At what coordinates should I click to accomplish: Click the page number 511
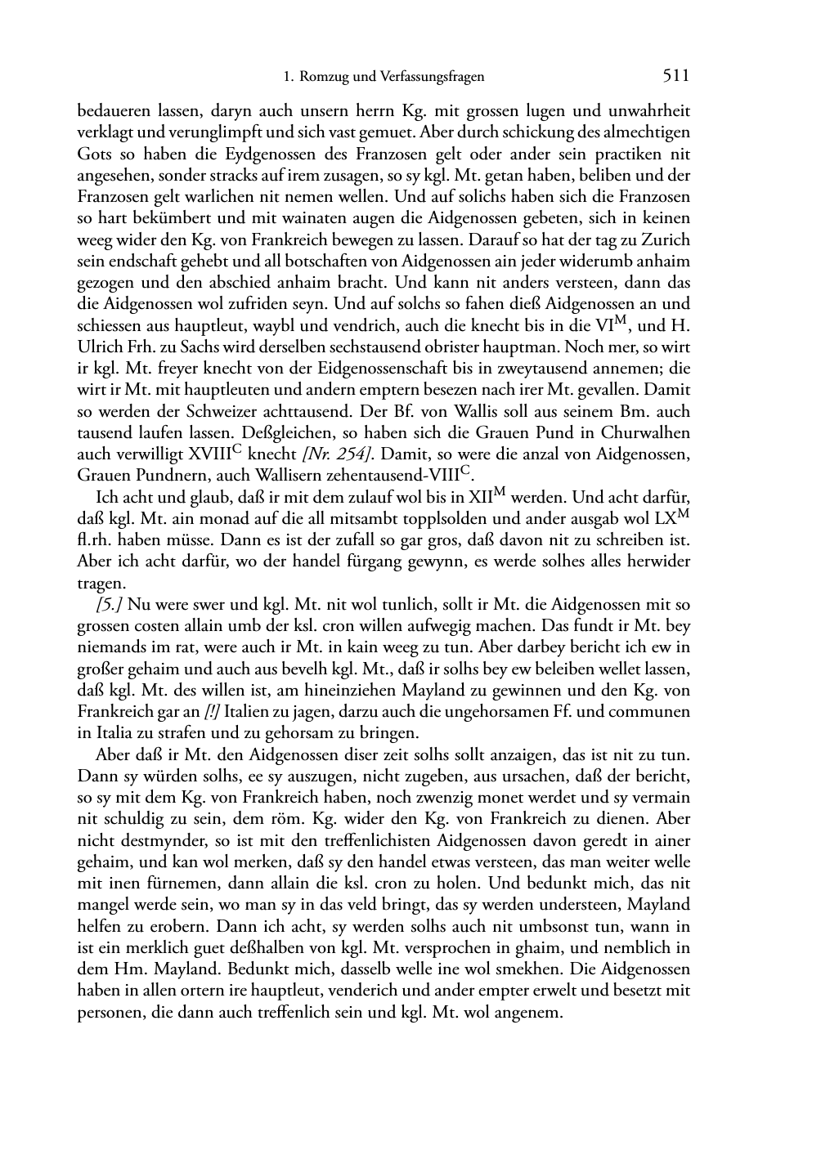pyautogui.click(x=676, y=76)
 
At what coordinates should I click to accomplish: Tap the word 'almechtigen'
pyautogui.click(x=649, y=132)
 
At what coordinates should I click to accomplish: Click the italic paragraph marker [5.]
pyautogui.click(x=110, y=605)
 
